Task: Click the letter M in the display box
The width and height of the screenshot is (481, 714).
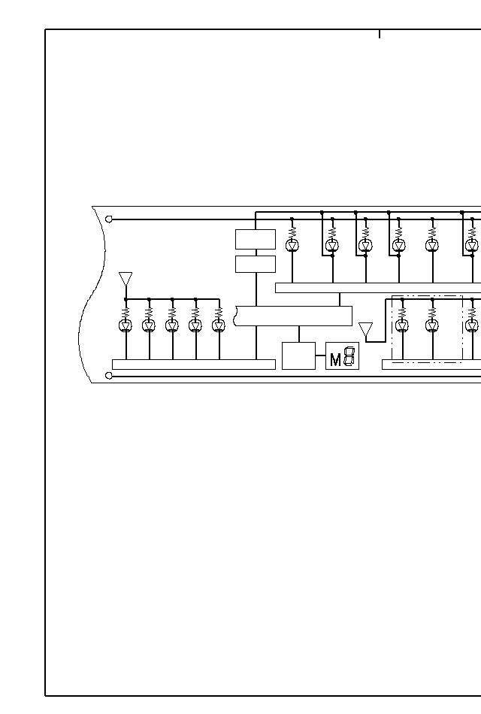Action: pos(335,359)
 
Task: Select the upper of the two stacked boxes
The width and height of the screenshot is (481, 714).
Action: pos(256,239)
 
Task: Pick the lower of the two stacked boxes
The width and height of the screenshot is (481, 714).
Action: pos(256,264)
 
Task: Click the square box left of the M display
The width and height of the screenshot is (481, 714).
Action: pos(298,355)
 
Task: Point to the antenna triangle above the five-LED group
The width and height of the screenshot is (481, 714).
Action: pos(126,279)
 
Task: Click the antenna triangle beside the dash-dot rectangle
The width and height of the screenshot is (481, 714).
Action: pos(366,329)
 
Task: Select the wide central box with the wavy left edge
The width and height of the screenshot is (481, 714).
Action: pos(294,316)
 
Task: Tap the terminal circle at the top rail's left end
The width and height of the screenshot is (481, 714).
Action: pos(109,219)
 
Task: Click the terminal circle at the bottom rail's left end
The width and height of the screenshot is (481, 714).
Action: pos(109,375)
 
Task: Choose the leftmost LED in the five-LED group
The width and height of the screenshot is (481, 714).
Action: pos(126,325)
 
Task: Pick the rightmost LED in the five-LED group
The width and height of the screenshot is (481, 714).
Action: pos(219,325)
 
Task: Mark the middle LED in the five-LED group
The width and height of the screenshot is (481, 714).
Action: pos(172,325)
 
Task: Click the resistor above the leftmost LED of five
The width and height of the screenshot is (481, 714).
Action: pos(126,310)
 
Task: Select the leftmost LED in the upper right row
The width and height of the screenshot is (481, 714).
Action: pos(292,245)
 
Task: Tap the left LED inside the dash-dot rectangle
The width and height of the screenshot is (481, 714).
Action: pos(401,325)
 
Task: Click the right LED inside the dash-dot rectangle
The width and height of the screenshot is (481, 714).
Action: pos(432,325)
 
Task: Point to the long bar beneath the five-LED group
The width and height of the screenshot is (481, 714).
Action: pos(193,365)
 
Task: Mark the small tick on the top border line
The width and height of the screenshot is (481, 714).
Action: pos(380,34)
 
